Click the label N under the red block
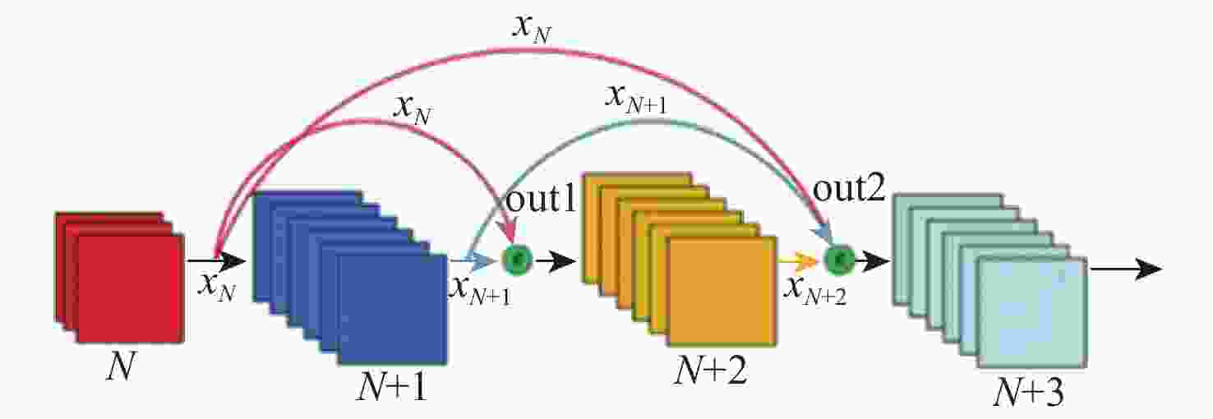click(x=120, y=366)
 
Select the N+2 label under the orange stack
click(x=709, y=371)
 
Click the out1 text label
click(x=541, y=200)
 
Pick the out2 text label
click(x=849, y=190)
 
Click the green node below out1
click(x=517, y=260)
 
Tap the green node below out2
click(x=839, y=260)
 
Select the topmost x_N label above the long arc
click(x=531, y=28)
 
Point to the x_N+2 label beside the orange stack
click(x=815, y=291)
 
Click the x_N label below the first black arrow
click(x=217, y=287)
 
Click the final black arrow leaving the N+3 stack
click(x=1127, y=269)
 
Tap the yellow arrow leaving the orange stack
click(x=798, y=260)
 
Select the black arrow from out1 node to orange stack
click(x=556, y=261)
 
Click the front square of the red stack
click(x=131, y=288)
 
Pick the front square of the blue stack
click(x=393, y=310)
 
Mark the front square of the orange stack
click(x=722, y=291)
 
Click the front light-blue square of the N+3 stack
click(x=1033, y=312)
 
